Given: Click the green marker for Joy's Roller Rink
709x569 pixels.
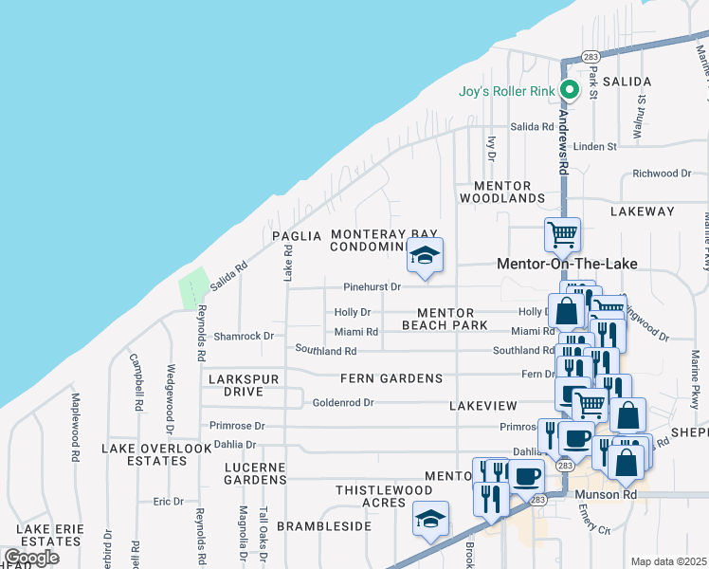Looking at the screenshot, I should (570, 91).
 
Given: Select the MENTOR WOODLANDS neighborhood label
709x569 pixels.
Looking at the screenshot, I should (502, 192).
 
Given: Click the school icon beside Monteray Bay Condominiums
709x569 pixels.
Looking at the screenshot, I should (426, 254).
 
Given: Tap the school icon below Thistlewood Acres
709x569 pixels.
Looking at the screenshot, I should (430, 520).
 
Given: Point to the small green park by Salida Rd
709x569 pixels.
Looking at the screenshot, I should (194, 287).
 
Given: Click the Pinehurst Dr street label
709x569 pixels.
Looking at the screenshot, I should (373, 286).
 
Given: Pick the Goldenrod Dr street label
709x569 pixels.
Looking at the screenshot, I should (343, 402).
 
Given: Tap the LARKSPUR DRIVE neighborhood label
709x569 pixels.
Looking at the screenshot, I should (249, 385).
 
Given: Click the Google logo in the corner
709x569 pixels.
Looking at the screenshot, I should (31, 558).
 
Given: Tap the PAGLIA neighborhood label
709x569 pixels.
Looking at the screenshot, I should (291, 235).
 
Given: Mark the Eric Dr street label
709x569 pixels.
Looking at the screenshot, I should (167, 501).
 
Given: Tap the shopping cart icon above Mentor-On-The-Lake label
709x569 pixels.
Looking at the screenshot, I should (563, 233).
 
